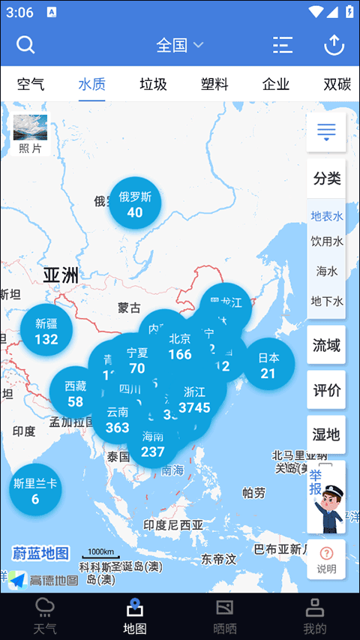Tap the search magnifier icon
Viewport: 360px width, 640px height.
click(25, 45)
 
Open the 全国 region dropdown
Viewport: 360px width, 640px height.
click(179, 45)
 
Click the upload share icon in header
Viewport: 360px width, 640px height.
click(334, 45)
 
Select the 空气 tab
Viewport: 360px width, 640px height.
click(31, 84)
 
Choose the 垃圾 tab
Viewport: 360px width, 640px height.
click(153, 84)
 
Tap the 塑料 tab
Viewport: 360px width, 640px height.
click(214, 84)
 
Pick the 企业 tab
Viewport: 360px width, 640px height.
click(276, 84)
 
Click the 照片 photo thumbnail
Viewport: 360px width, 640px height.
click(30, 134)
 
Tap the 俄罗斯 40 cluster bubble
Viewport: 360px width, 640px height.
click(135, 204)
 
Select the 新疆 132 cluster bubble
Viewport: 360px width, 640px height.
click(46, 331)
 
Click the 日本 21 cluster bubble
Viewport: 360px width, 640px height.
click(268, 365)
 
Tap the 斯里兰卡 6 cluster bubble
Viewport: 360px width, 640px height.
click(35, 491)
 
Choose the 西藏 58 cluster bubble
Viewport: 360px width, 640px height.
click(75, 393)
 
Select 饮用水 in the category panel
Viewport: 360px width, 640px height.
click(326, 242)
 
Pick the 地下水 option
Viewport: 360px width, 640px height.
click(326, 301)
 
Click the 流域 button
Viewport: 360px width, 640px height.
click(326, 345)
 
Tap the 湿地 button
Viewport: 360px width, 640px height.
click(326, 434)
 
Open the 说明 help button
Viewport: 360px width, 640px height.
click(326, 560)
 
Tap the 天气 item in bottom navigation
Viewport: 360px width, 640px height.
click(45, 616)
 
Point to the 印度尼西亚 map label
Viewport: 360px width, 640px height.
click(173, 524)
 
